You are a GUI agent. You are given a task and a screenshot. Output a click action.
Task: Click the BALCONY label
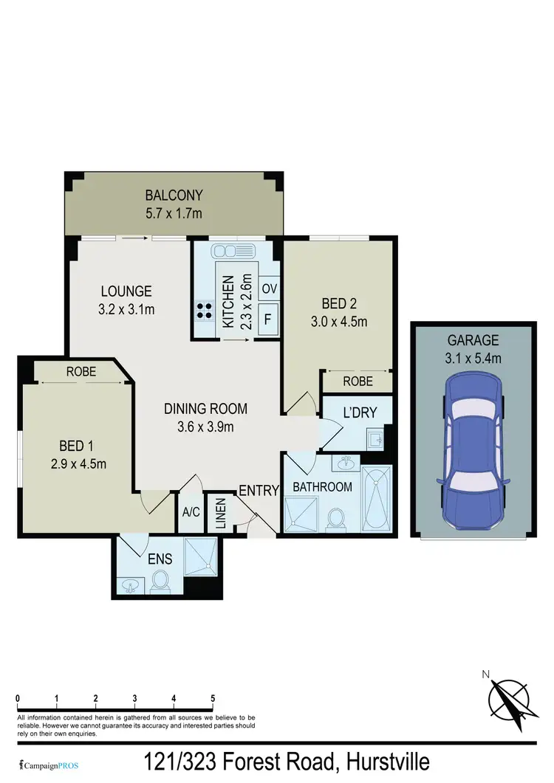pyautogui.click(x=174, y=196)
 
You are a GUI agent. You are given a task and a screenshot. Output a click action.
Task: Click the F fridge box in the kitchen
pyautogui.click(x=267, y=320)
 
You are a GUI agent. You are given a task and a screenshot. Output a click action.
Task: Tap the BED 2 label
pyautogui.click(x=340, y=303)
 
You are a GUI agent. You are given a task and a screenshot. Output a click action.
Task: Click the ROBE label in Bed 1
pyautogui.click(x=81, y=372)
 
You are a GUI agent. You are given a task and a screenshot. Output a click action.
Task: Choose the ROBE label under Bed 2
pyautogui.click(x=357, y=382)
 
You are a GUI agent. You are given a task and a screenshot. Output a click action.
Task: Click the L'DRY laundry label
pyautogui.click(x=357, y=413)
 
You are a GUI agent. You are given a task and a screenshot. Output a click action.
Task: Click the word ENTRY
pyautogui.click(x=259, y=489)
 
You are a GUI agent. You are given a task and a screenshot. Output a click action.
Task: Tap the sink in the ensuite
pyautogui.click(x=131, y=585)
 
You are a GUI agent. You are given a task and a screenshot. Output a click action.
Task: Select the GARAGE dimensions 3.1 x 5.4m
pyautogui.click(x=473, y=359)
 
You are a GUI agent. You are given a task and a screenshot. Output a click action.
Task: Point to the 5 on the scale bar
pyautogui.click(x=213, y=698)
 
